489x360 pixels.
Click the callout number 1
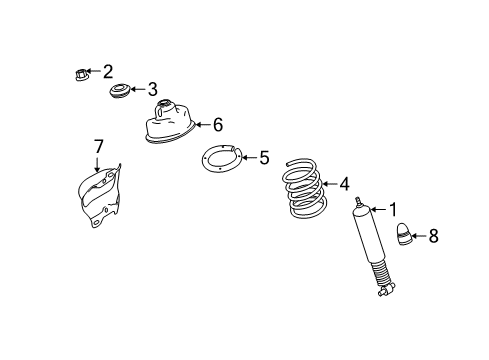(393, 209)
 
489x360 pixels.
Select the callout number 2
(108, 71)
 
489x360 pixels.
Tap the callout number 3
(152, 89)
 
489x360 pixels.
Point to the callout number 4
(343, 184)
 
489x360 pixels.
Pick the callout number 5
(264, 157)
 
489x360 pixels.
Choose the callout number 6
(216, 124)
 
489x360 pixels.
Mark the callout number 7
(98, 147)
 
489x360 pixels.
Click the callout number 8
(433, 236)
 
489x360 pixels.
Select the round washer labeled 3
(121, 93)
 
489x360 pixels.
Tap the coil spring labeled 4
(301, 190)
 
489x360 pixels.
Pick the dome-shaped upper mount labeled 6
(165, 123)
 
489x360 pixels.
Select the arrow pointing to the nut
(94, 72)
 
